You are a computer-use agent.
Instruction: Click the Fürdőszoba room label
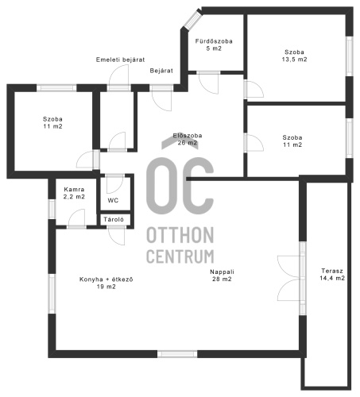tap(214, 41)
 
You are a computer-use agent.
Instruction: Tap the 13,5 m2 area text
tap(294, 60)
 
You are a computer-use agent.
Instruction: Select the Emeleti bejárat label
tap(120, 60)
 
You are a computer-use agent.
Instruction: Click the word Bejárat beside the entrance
tap(161, 71)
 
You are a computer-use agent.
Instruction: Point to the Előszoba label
tap(188, 136)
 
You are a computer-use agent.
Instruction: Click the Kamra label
tap(74, 190)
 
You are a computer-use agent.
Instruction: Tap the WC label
tap(113, 200)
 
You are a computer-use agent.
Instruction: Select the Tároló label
tap(114, 219)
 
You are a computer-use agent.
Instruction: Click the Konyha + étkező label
tap(106, 279)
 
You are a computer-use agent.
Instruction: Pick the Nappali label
tap(222, 272)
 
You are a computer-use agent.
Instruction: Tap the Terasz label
tap(332, 271)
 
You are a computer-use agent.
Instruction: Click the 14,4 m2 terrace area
tap(332, 278)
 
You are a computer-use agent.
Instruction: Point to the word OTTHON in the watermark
tap(180, 235)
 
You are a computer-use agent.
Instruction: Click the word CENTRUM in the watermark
tap(180, 256)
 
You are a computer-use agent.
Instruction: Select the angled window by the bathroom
tap(193, 19)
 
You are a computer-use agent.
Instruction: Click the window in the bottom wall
tap(177, 354)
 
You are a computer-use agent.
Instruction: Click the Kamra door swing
tap(77, 218)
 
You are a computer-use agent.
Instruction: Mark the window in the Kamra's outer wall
tap(52, 209)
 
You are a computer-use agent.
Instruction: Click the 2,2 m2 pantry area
tap(74, 197)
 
